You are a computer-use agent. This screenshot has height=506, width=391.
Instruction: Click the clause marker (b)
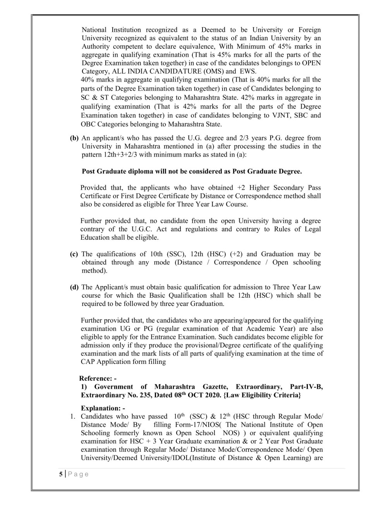click(74, 138)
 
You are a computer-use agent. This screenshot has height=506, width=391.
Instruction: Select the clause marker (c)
click(74, 254)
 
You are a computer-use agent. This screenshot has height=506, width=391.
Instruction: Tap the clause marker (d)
click(74, 287)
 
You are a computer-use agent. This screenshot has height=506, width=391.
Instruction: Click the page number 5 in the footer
click(60, 474)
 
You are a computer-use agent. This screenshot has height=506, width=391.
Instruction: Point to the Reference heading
click(98, 379)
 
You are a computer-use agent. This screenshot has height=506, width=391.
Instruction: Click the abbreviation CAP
click(88, 362)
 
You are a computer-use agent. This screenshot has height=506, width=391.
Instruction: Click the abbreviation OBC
click(88, 124)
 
